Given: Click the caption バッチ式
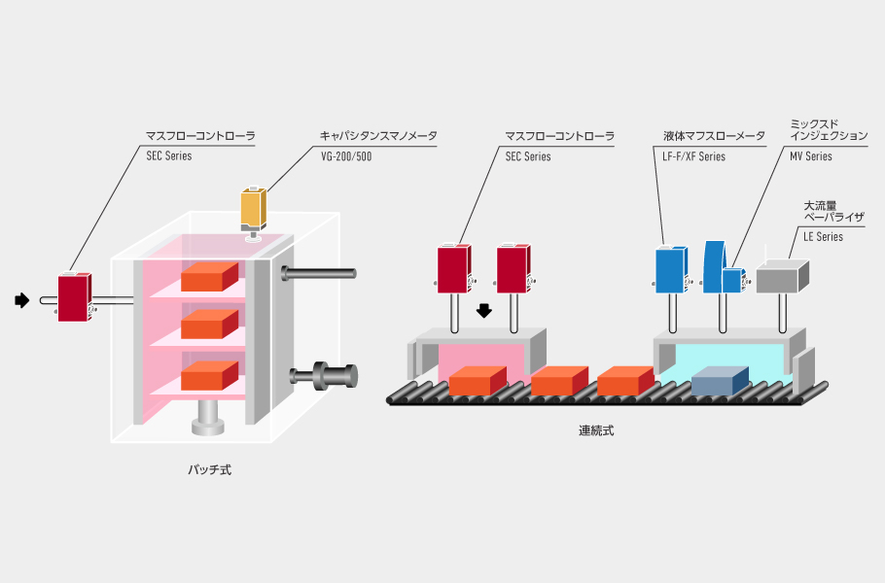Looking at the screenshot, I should pyautogui.click(x=210, y=470).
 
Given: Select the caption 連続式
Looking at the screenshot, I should pyautogui.click(x=596, y=430).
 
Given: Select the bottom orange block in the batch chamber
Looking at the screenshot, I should pyautogui.click(x=210, y=374).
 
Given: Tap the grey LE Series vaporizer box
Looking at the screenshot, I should pyautogui.click(x=782, y=278).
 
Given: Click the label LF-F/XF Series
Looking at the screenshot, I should pyautogui.click(x=694, y=156).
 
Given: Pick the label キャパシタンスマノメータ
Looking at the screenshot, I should pyautogui.click(x=378, y=137).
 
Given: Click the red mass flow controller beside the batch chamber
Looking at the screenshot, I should pyautogui.click(x=74, y=297).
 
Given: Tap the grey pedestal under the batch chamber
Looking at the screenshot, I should pyautogui.click(x=210, y=418).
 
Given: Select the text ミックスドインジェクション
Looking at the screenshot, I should pyautogui.click(x=829, y=130).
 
